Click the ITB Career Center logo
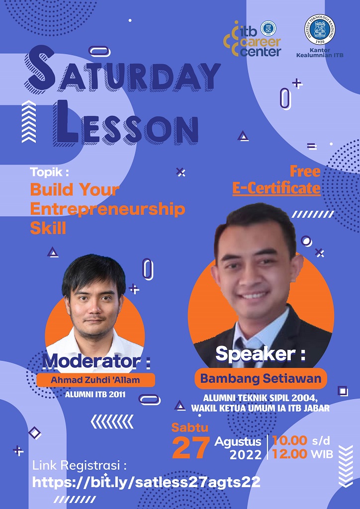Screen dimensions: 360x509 [253, 39]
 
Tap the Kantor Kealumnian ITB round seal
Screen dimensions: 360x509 [320, 29]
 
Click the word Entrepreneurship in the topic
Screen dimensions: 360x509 [107, 209]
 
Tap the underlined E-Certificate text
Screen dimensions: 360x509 [276, 188]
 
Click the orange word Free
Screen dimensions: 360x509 [305, 171]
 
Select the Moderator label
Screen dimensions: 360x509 [96, 362]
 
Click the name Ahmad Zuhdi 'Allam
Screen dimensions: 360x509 [95, 380]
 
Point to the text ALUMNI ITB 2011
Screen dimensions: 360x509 [95, 395]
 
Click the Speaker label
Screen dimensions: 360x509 [261, 354]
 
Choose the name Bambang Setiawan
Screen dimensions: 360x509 [261, 378]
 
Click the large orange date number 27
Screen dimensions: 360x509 [191, 447]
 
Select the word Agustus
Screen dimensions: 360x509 [238, 442]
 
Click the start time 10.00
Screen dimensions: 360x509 [289, 440]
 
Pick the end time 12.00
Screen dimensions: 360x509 [289, 454]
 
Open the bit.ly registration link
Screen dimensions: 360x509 [146, 482]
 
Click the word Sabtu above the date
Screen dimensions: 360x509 [190, 427]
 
